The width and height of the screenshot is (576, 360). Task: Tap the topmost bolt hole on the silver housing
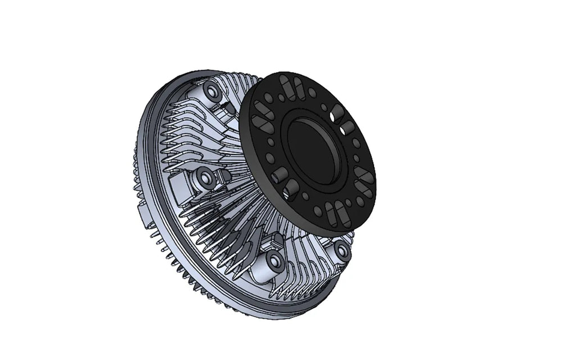click(x=211, y=91)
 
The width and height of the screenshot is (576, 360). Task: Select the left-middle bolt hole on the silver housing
click(x=205, y=179)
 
